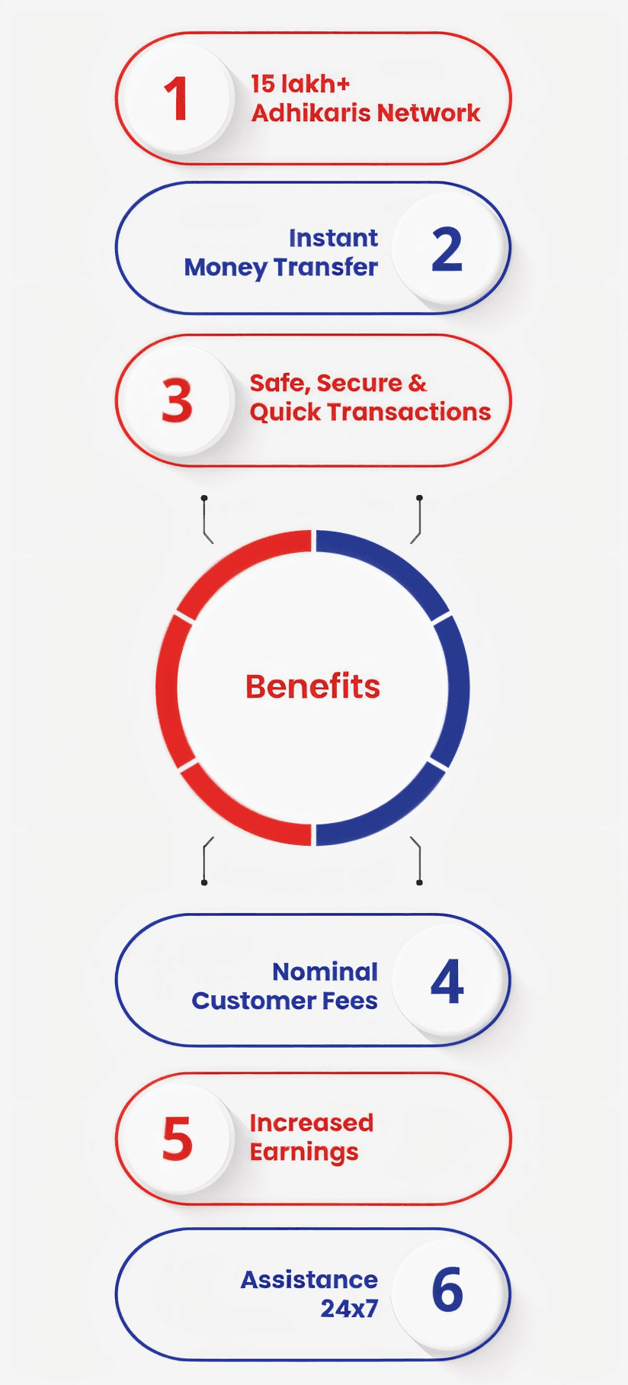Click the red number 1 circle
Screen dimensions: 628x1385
click(x=177, y=98)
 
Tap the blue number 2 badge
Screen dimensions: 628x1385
click(x=447, y=249)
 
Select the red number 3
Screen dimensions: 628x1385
click(x=177, y=401)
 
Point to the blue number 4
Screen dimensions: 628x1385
click(x=447, y=982)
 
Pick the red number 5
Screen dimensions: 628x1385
click(x=177, y=1139)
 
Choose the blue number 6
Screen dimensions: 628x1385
click(x=447, y=1290)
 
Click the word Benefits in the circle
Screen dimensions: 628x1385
click(x=312, y=686)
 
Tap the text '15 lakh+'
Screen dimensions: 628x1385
click(x=300, y=84)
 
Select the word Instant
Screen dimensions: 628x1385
click(x=333, y=238)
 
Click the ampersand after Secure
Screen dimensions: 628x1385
click(x=418, y=383)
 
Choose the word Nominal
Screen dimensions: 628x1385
click(x=325, y=972)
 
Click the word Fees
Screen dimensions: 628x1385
click(x=349, y=1001)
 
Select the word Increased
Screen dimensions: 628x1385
click(x=312, y=1123)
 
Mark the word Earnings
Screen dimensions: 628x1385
click(x=304, y=1152)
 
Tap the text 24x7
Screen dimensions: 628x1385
click(x=349, y=1309)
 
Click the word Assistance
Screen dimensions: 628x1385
click(x=309, y=1280)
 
